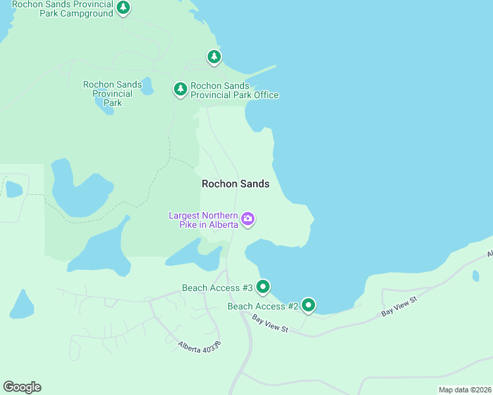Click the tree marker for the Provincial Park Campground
pos(123,8)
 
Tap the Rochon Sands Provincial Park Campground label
pos(63,9)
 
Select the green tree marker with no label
pos(214,57)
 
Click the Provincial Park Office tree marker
pos(180,89)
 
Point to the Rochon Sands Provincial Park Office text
pos(234,91)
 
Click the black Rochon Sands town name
pos(235,184)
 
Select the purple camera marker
pos(248,219)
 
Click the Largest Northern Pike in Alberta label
pos(203,220)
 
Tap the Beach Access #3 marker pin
pos(263,286)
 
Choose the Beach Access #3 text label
pos(217,288)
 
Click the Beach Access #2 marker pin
pos(308,305)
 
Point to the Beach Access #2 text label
pos(262,307)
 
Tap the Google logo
pos(22,386)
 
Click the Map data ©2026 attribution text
pos(465,390)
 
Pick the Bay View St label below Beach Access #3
pos(270,323)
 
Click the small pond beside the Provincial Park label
pos(147,86)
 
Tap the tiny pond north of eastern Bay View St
pos(476,276)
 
